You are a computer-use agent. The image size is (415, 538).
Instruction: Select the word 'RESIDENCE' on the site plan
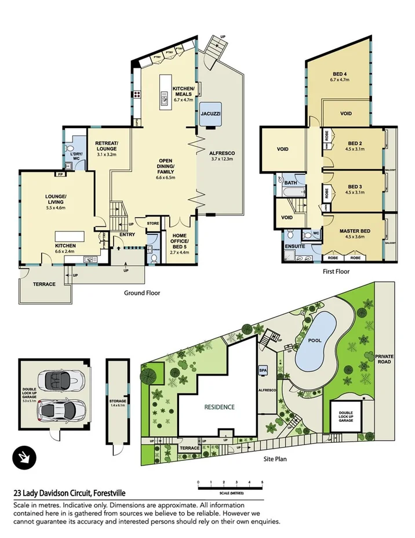pyautogui.click(x=219, y=407)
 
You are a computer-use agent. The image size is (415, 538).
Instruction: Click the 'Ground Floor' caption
pyautogui.click(x=142, y=293)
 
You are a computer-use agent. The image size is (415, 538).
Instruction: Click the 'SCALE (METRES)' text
pyautogui.click(x=230, y=491)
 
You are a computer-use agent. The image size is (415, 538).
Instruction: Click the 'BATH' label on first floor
pyautogui.click(x=290, y=182)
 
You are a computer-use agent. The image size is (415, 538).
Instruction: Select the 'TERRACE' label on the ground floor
pyautogui.click(x=44, y=284)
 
